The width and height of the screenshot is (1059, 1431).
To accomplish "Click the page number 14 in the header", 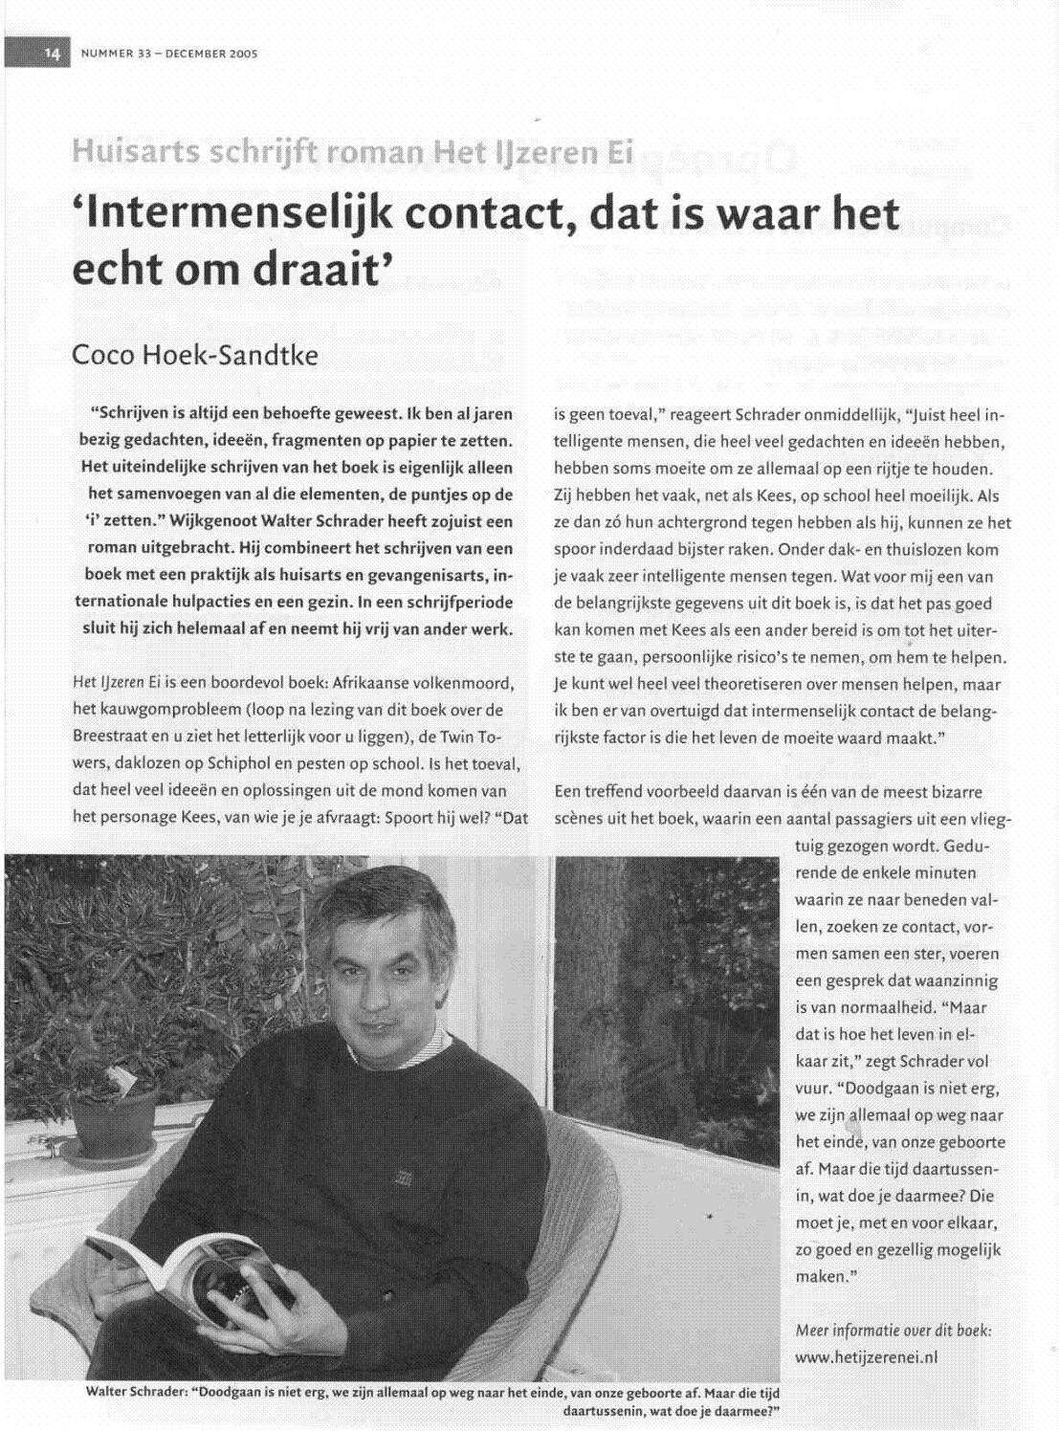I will (51, 55).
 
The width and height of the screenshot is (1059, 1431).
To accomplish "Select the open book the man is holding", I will (191, 1272).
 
